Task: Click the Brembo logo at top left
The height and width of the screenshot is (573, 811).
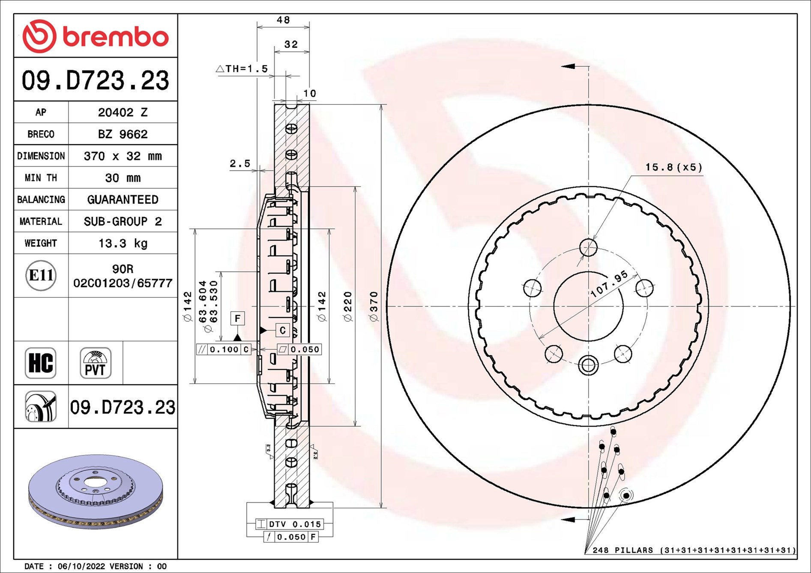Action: [x=95, y=36]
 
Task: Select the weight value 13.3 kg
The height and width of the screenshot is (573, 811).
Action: [x=123, y=243]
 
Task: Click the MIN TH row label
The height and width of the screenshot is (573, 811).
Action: [x=41, y=178]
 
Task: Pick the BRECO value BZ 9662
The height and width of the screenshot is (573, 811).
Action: [x=123, y=134]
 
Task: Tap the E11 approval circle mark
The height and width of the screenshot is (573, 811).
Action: [x=41, y=275]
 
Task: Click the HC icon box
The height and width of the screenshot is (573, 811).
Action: [x=41, y=363]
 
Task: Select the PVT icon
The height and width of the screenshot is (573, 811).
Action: [x=95, y=363]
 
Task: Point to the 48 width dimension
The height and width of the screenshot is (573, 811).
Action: [x=283, y=20]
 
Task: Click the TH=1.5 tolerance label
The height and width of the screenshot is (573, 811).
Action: [x=242, y=69]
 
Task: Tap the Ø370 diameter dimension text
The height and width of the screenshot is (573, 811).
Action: [x=374, y=306]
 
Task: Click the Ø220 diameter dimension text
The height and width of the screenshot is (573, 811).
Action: [x=348, y=306]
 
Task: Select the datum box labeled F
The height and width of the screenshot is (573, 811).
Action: [x=237, y=318]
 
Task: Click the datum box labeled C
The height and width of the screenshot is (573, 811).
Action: [x=282, y=330]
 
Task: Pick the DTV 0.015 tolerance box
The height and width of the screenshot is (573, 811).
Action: [x=290, y=524]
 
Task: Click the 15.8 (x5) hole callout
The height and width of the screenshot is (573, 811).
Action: [x=673, y=167]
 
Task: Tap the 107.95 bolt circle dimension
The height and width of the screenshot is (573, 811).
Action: [x=609, y=284]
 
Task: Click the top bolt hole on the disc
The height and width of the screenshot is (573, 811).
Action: [x=588, y=247]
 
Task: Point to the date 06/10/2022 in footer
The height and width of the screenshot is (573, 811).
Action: [x=81, y=566]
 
